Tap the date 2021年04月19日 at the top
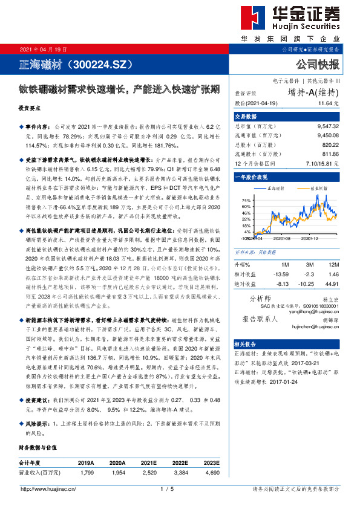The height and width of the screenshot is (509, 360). [x=44, y=49]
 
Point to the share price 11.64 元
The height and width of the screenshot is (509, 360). [x=328, y=104]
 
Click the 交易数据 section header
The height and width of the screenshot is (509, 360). [x=246, y=117]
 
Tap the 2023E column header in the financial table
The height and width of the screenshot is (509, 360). [x=211, y=462]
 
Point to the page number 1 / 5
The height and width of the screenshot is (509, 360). [x=167, y=488]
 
